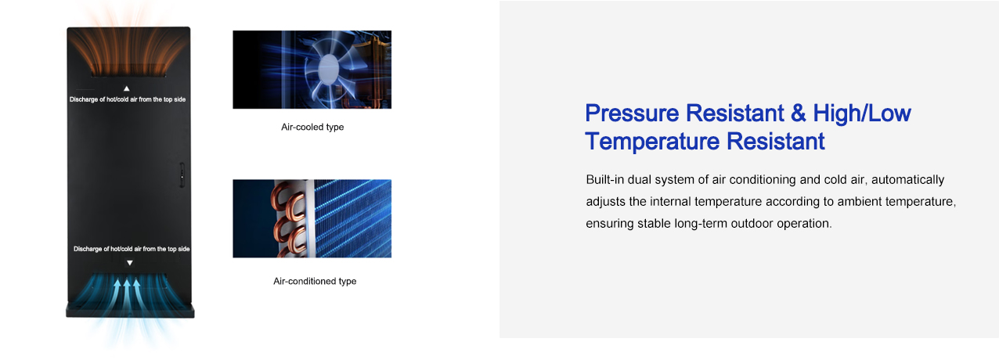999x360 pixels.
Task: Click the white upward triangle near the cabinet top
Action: pos(127,88)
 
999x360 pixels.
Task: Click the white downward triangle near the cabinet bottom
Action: pos(130,263)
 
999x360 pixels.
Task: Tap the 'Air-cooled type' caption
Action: pos(312,127)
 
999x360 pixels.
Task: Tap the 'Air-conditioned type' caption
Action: pos(315,281)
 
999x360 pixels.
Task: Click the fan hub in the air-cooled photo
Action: pos(329,68)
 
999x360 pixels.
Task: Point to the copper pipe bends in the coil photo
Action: pos(288,219)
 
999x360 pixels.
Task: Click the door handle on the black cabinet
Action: pos(182,175)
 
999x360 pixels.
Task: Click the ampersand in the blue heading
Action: pos(799,113)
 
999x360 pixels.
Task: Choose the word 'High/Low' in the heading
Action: pos(862,113)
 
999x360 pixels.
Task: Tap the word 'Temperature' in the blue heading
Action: pos(652,142)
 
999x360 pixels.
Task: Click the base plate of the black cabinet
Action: pos(130,311)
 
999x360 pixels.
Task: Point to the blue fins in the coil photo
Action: pos(352,218)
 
